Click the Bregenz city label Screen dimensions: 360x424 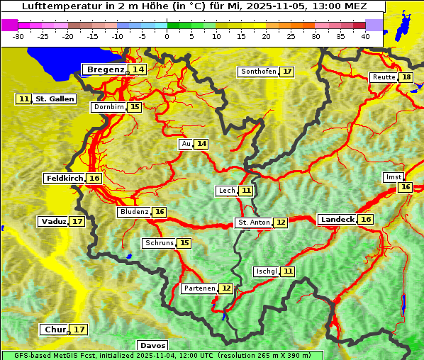105,69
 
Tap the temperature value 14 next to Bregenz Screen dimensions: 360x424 138,69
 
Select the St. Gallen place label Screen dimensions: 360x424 55,99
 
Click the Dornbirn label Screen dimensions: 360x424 108,107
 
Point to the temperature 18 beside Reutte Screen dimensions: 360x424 406,77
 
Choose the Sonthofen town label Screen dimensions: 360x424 258,72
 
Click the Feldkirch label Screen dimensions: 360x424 65,178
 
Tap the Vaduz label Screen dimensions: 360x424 53,221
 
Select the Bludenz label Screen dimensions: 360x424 134,212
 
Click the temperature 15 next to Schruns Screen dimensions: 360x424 184,243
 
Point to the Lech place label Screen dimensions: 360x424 226,191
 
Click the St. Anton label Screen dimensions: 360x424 253,223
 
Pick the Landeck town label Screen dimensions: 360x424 337,219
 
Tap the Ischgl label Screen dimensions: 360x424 266,271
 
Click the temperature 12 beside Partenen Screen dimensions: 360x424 225,288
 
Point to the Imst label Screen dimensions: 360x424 393,176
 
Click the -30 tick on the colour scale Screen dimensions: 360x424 18,35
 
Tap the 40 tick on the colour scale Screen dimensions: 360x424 365,35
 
